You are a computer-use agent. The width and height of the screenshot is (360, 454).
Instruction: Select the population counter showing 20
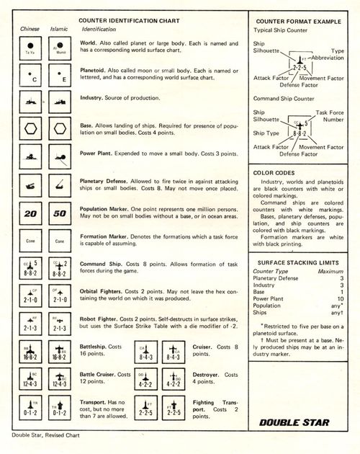tap(30, 214)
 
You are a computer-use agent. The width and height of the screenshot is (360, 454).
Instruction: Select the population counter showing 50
tap(60, 214)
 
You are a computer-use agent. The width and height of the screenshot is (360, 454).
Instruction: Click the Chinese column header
tap(29, 29)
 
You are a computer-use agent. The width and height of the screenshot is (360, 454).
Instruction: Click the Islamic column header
tap(59, 29)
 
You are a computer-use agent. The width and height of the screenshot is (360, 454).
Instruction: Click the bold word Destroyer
tap(210, 375)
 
